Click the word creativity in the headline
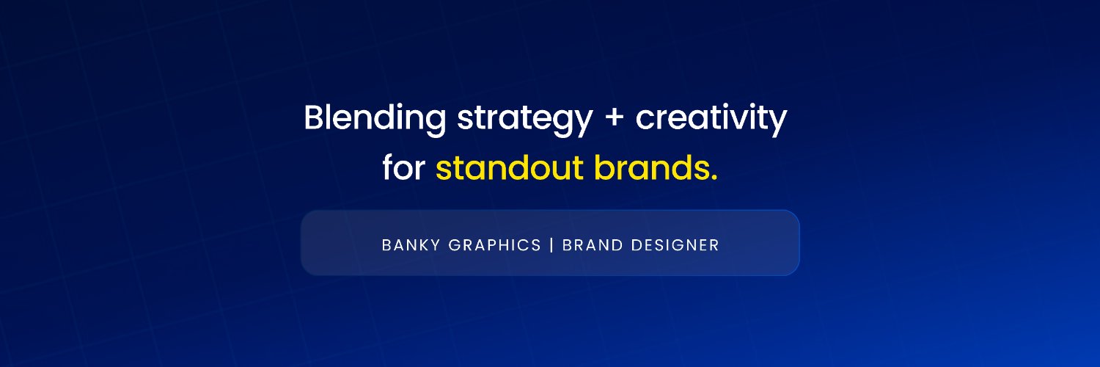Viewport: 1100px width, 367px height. [x=711, y=118]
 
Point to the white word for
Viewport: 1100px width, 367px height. [x=403, y=168]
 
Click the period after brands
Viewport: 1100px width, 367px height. [x=714, y=178]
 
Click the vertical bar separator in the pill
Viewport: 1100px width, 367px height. [x=551, y=245]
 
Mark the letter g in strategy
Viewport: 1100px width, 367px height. [x=563, y=123]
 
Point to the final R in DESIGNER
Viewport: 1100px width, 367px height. [x=715, y=245]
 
